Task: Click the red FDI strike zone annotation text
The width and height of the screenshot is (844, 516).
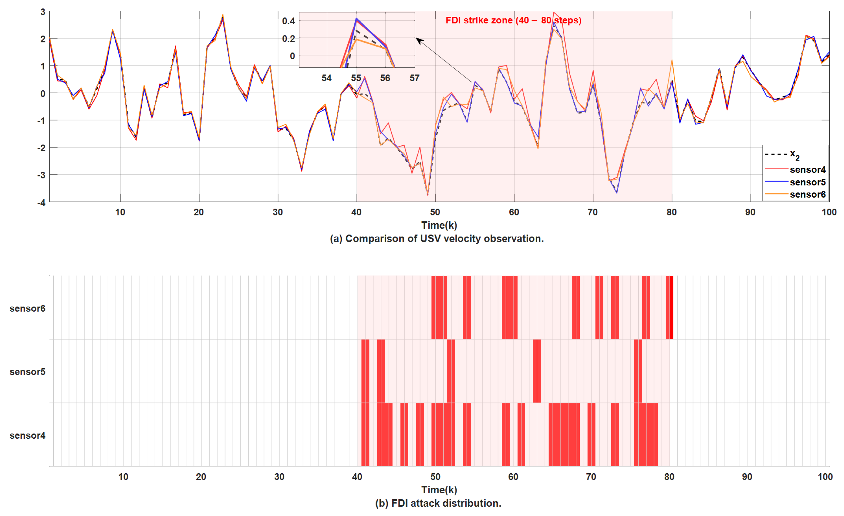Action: coord(513,21)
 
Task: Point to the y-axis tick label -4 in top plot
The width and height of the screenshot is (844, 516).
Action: coord(41,202)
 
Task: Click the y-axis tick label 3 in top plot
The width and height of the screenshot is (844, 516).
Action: coord(43,12)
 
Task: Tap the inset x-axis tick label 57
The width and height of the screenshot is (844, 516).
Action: coord(415,78)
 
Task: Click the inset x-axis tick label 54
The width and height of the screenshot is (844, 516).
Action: coord(327,78)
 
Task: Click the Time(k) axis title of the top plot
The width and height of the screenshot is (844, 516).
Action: coord(439,225)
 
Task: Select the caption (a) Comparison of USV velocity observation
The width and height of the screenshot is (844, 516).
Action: coord(437,239)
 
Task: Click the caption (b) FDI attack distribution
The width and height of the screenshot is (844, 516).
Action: coord(438,503)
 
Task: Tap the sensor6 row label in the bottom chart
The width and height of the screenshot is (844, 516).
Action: coord(27,308)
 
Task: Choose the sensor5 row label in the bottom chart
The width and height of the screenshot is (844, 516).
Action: coord(27,372)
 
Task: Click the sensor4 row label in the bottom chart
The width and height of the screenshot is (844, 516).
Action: coord(27,436)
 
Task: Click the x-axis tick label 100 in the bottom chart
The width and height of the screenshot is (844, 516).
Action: coord(825,477)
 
